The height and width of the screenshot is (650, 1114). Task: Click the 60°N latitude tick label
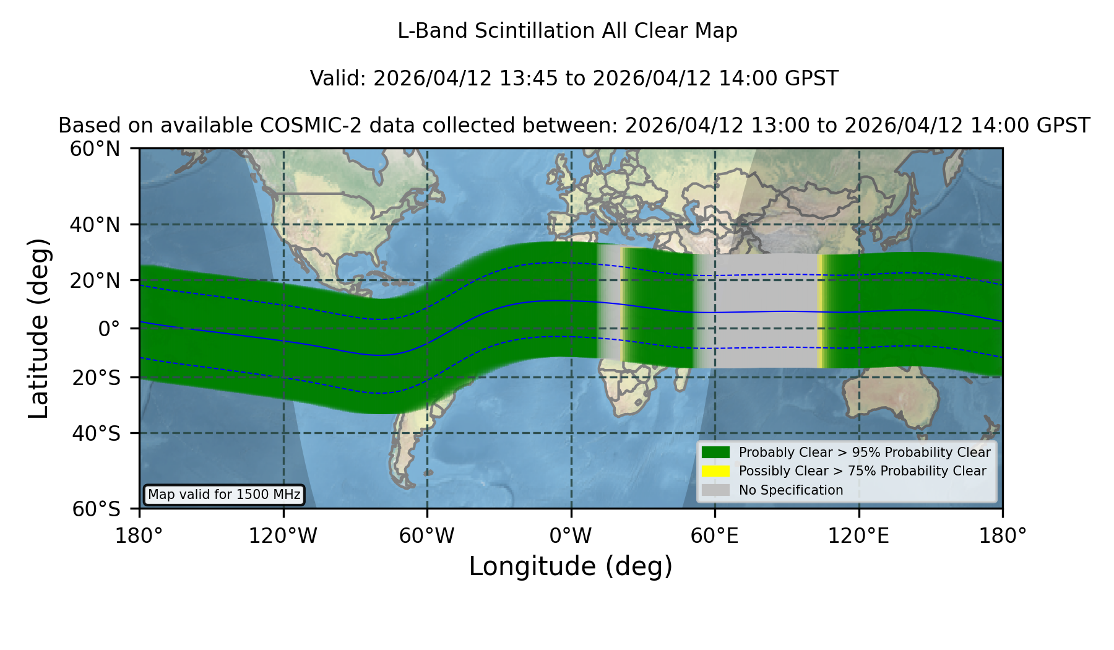pos(95,149)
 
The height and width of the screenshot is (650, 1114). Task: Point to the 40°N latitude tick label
pos(95,225)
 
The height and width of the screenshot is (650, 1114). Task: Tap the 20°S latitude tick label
pos(97,378)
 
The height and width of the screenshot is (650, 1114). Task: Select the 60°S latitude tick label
pos(97,509)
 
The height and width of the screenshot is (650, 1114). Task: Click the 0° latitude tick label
pos(110,329)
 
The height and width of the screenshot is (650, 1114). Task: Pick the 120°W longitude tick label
pos(283,536)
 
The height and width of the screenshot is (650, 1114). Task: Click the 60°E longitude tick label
pos(715,536)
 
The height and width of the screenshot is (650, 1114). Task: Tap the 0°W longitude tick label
pos(571,536)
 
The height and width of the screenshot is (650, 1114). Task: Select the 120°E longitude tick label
pos(858,536)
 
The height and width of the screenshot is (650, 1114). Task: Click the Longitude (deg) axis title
pos(571,566)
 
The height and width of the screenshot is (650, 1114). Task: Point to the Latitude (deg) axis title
pos(38,328)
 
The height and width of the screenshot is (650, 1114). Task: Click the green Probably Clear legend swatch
pos(716,453)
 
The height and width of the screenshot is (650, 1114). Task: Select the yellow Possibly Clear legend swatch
pos(716,471)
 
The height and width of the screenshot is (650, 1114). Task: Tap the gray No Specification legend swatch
pos(716,490)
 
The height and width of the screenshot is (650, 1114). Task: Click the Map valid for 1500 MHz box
pos(224,495)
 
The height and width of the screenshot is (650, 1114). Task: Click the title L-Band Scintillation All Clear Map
pos(568,31)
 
